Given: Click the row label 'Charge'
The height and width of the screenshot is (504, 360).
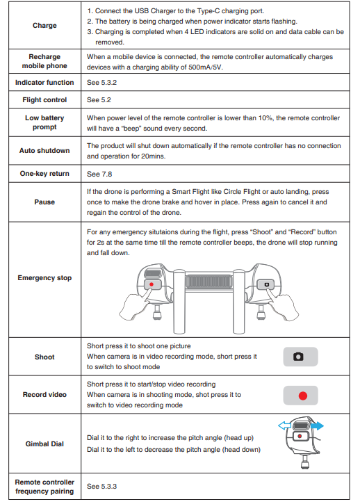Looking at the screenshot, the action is [44, 26].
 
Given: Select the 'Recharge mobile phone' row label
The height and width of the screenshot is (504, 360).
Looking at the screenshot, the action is [44, 61].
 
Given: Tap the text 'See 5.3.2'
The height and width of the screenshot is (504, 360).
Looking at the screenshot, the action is [101, 83].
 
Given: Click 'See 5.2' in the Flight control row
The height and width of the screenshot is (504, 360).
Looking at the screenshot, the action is [99, 100].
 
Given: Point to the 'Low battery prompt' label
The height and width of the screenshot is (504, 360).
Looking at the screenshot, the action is [44, 122].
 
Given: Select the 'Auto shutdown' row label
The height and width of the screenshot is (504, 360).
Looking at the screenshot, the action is [44, 150].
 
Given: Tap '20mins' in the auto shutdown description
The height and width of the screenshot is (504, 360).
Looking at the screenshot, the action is [153, 156].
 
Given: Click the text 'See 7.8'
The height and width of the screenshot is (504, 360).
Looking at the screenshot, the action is [99, 174].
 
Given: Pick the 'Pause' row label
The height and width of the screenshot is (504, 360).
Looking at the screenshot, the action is [44, 202].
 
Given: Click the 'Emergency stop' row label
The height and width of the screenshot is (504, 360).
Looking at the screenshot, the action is [44, 277].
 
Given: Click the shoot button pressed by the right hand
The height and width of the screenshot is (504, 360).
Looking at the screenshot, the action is [265, 284].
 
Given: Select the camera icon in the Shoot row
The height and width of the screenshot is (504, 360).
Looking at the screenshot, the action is [298, 357].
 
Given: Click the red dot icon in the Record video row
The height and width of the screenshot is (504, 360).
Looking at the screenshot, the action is [303, 396].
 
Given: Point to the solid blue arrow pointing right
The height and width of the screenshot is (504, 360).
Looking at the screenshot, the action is [317, 426].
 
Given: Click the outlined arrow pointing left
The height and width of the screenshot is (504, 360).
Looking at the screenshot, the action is [284, 426].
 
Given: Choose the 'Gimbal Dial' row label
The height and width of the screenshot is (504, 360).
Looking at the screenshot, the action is [44, 444].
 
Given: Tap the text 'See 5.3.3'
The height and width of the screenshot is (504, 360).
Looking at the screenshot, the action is [101, 487].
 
